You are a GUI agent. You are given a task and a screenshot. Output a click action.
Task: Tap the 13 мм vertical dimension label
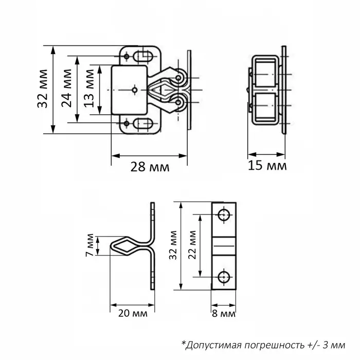pyautogui.click(x=88, y=89)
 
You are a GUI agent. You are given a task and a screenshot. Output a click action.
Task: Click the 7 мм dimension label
pyautogui.click(x=89, y=245)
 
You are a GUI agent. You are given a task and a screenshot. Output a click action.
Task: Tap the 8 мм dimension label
pyautogui.click(x=223, y=314)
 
